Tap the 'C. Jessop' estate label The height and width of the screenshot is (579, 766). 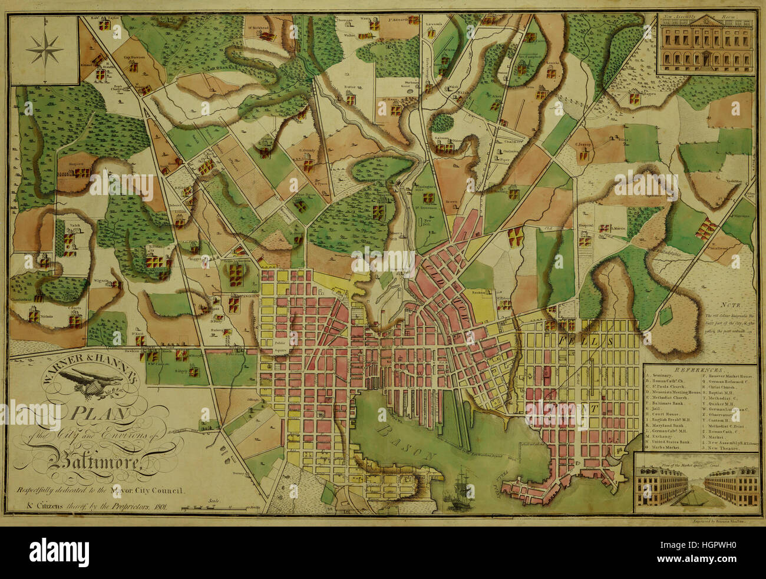click(x=582, y=143)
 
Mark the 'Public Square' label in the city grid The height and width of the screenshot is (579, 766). click(x=280, y=345)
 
